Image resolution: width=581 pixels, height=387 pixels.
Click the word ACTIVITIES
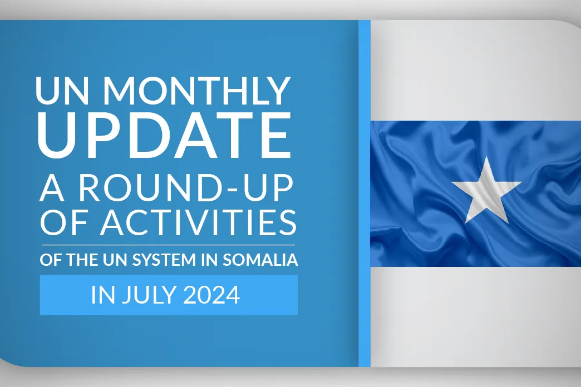198,222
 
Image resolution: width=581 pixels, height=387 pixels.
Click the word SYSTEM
164,260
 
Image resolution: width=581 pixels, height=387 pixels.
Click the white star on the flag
486,191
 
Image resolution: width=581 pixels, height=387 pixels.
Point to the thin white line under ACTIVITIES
169,245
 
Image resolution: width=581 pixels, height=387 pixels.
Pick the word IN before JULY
103,295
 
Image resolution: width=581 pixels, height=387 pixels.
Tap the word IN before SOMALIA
209,260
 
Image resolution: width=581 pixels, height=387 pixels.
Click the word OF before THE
51,260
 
